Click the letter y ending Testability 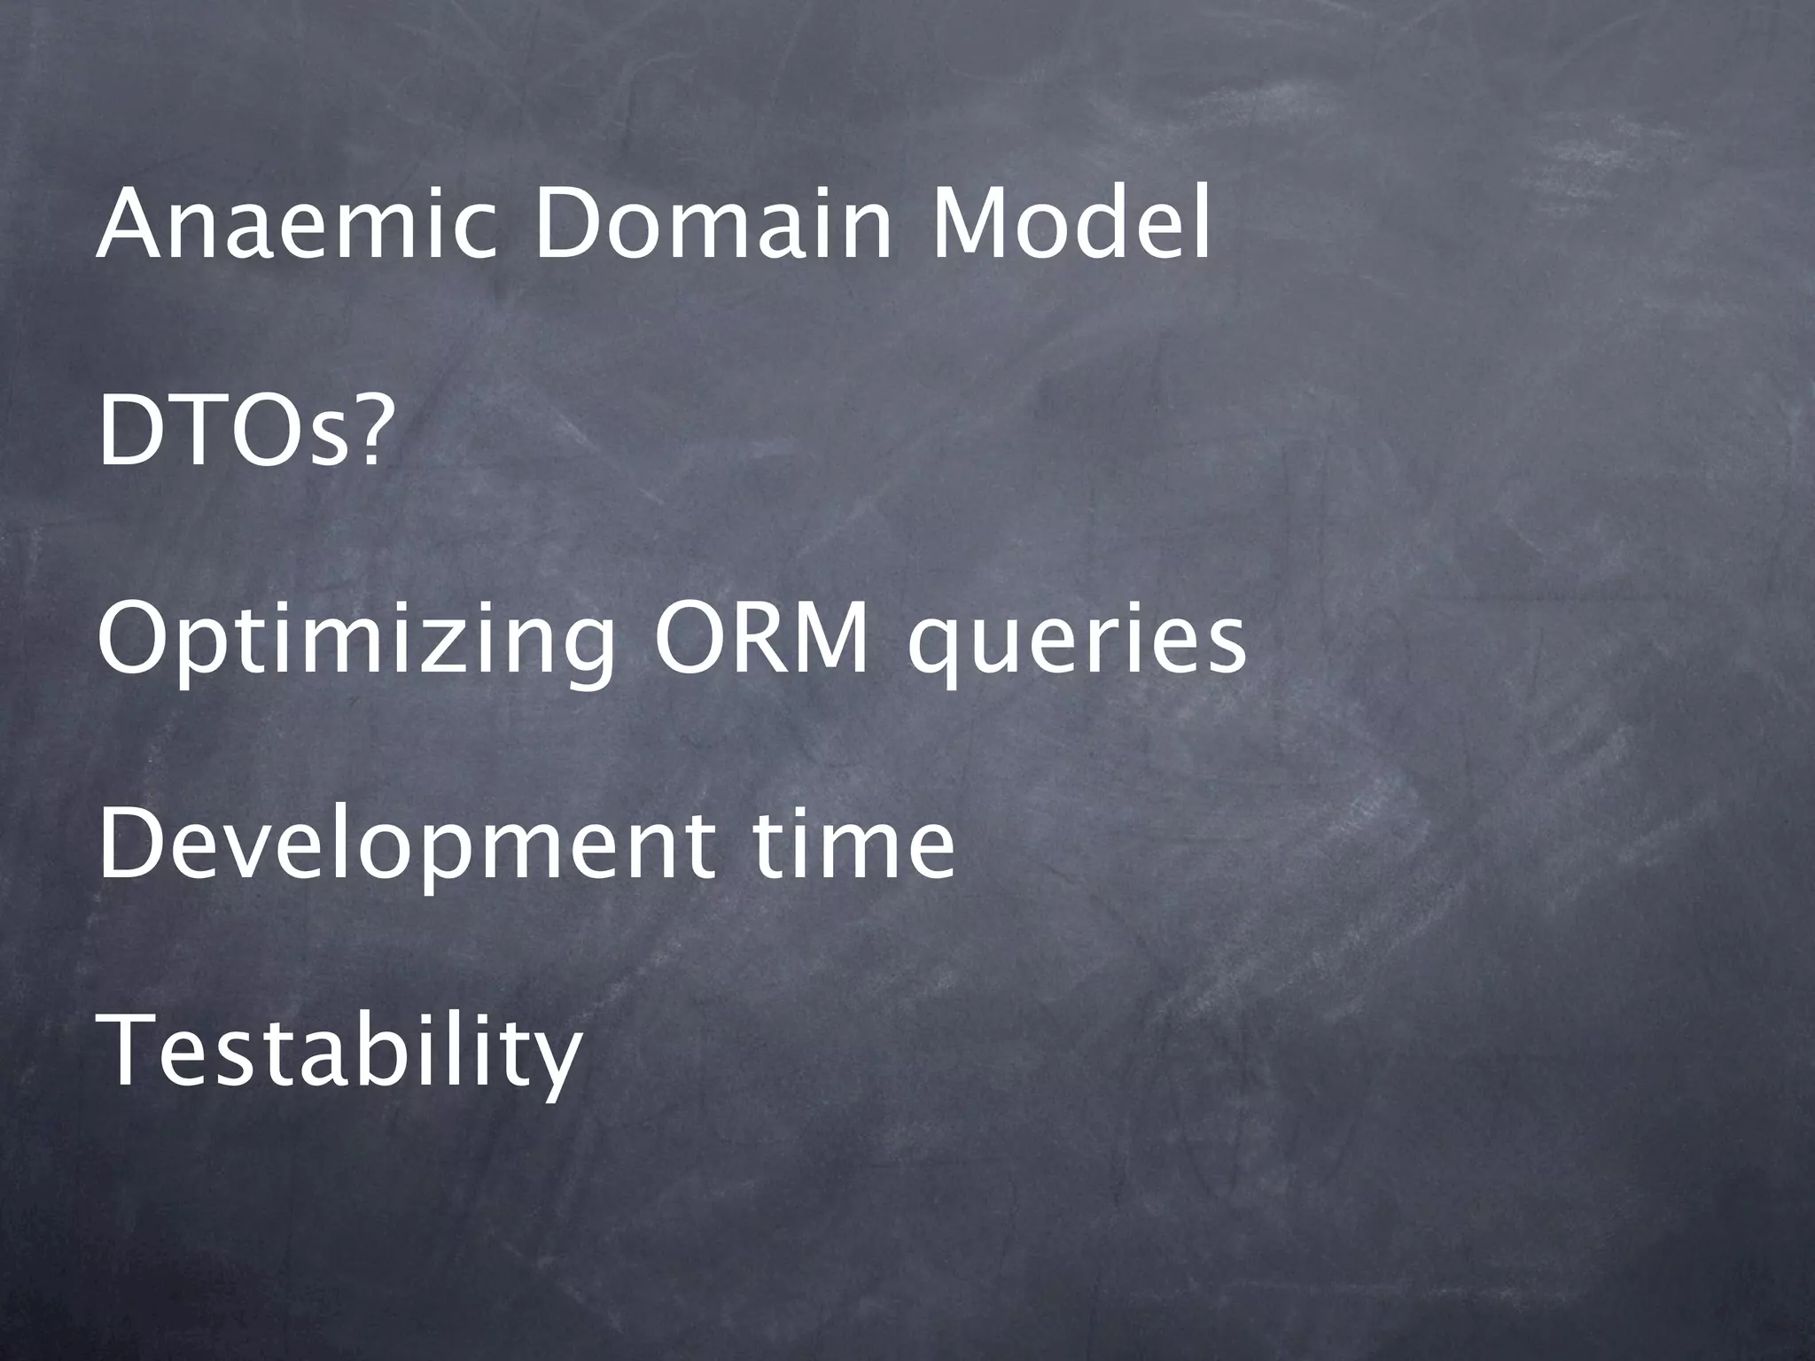click(x=555, y=1063)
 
